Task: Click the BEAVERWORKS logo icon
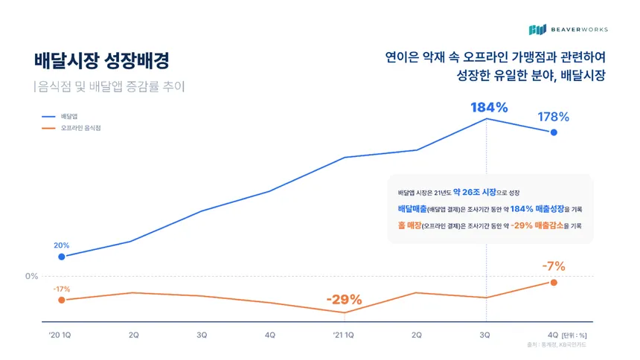(537, 30)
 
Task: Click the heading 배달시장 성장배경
(102, 60)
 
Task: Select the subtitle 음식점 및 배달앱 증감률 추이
(111, 86)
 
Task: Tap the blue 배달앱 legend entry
(60, 117)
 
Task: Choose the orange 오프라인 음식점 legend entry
(71, 128)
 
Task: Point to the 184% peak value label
(489, 107)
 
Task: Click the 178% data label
(553, 117)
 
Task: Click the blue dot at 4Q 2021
(554, 132)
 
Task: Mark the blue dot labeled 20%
(62, 257)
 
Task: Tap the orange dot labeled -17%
(62, 300)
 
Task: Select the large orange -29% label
(344, 300)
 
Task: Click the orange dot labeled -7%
(554, 283)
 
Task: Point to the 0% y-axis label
(31, 277)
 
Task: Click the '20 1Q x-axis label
(60, 335)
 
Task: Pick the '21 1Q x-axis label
(343, 335)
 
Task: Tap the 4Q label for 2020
(270, 335)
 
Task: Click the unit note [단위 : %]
(575, 335)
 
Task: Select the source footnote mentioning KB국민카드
(557, 345)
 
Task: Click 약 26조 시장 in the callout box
(475, 192)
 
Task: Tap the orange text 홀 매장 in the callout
(409, 225)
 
